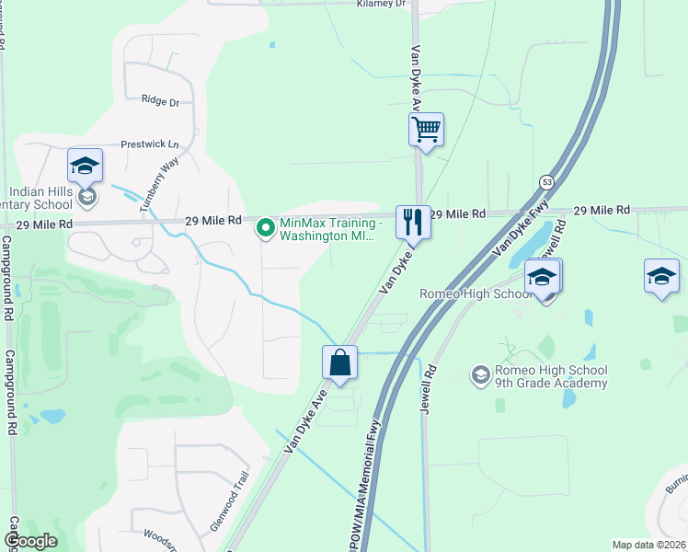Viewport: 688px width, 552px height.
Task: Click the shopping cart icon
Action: [427, 129]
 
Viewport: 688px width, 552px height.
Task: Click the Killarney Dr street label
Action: [381, 5]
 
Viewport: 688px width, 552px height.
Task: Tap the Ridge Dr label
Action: [160, 101]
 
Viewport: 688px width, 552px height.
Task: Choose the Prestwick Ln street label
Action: [150, 145]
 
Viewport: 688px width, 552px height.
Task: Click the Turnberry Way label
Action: [157, 184]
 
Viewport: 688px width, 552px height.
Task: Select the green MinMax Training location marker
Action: [266, 225]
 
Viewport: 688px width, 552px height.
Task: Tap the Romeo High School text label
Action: [476, 293]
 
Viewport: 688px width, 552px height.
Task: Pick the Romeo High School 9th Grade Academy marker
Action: [479, 375]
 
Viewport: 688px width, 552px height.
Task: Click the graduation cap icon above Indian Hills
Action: [85, 166]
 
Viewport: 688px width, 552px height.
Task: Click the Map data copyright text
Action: [648, 545]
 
